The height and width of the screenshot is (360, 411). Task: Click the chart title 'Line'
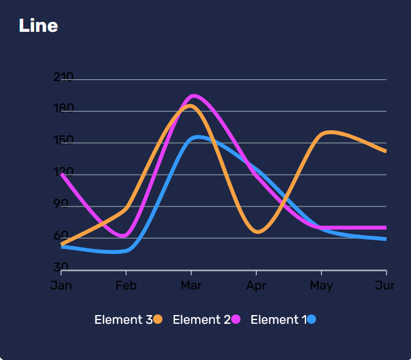click(x=38, y=26)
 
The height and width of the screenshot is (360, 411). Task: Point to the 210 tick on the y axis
click(x=64, y=77)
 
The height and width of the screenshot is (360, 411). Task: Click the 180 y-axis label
click(x=64, y=109)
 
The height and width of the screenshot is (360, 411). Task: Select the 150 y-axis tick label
click(x=64, y=141)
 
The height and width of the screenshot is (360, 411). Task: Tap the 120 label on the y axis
click(x=64, y=172)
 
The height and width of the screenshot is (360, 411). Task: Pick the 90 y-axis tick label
click(x=61, y=204)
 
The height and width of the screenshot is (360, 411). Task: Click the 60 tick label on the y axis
click(x=61, y=236)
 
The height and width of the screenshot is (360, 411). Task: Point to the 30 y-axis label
click(x=61, y=267)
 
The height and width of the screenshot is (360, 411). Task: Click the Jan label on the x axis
click(x=61, y=285)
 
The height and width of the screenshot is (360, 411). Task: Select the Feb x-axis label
click(x=126, y=285)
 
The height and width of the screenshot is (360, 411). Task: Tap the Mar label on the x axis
click(x=191, y=285)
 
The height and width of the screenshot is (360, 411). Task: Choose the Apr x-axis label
click(x=256, y=285)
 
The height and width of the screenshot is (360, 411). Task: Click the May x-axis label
click(x=321, y=285)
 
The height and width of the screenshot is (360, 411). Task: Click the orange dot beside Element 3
click(x=158, y=319)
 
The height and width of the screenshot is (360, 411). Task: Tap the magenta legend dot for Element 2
click(x=236, y=319)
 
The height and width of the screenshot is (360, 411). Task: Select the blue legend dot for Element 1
click(x=312, y=319)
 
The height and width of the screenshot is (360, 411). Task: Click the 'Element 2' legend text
click(x=201, y=319)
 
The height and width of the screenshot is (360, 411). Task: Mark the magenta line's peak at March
click(x=194, y=96)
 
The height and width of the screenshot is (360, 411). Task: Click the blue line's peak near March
click(x=198, y=137)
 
